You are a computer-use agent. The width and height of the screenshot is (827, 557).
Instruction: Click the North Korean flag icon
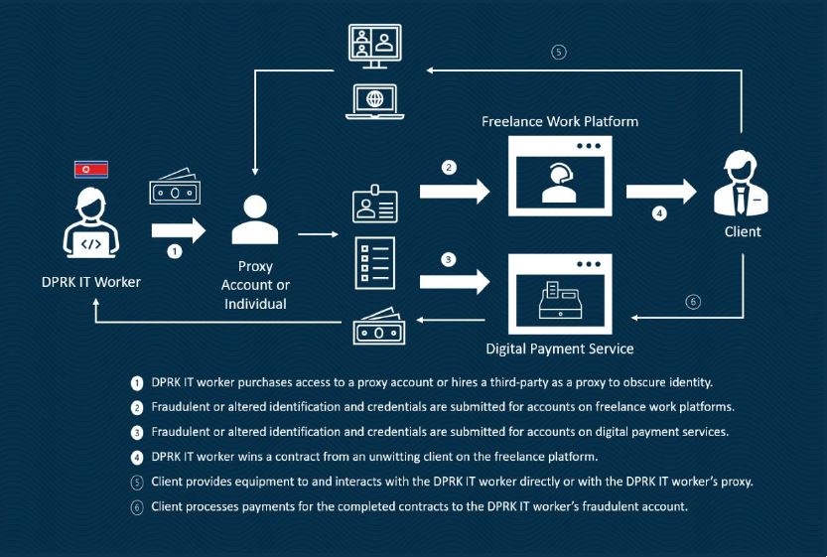click(x=91, y=169)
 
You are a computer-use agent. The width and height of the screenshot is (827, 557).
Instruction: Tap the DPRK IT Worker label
click(x=90, y=282)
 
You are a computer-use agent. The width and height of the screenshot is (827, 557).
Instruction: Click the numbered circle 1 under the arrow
click(x=176, y=252)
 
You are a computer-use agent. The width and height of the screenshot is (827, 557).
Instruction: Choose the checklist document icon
click(x=375, y=261)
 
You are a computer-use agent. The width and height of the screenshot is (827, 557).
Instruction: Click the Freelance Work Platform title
click(x=559, y=121)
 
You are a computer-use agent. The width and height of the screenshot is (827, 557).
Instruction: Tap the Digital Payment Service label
click(x=559, y=348)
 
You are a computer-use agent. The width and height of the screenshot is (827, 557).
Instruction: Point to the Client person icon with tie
click(x=742, y=183)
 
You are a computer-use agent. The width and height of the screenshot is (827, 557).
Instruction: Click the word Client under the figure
click(x=743, y=231)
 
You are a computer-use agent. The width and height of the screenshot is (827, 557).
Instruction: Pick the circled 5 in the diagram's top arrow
click(x=559, y=53)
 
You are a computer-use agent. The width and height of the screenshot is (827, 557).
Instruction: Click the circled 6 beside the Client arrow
click(x=693, y=302)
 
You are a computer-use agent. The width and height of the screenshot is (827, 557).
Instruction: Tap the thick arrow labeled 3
click(x=455, y=278)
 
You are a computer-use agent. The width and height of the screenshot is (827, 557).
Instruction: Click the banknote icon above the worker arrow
click(x=175, y=191)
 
